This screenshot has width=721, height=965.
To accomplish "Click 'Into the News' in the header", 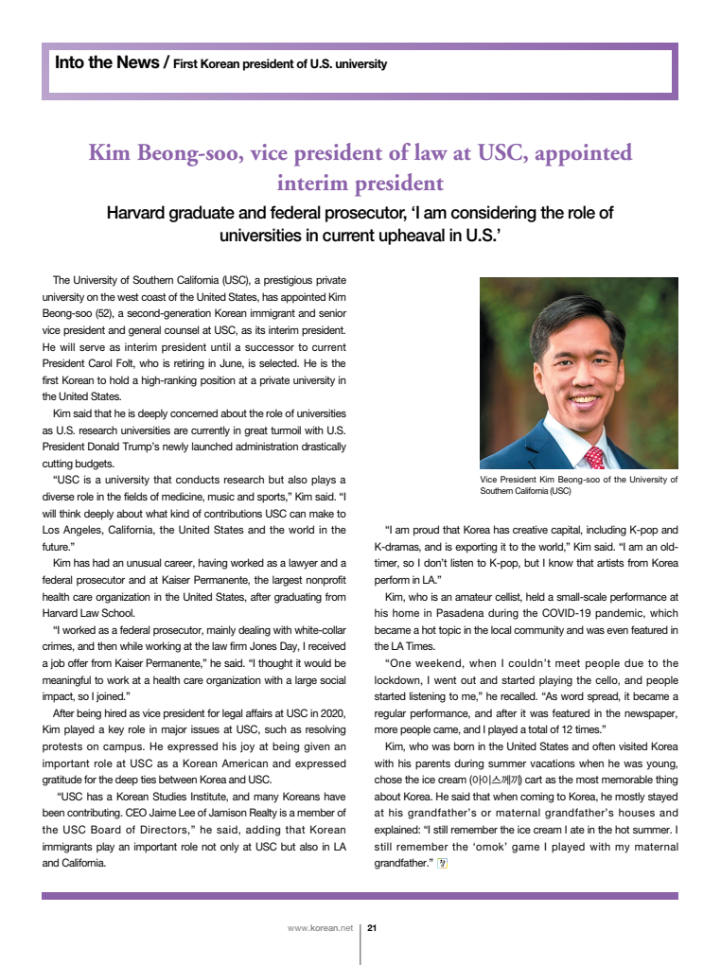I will tap(107, 63).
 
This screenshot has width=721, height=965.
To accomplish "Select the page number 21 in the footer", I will tap(373, 928).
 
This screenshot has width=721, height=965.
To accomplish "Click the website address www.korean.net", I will tap(320, 928).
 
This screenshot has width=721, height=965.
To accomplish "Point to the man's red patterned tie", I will tap(595, 458).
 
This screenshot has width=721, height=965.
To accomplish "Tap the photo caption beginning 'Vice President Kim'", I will tap(578, 485).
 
